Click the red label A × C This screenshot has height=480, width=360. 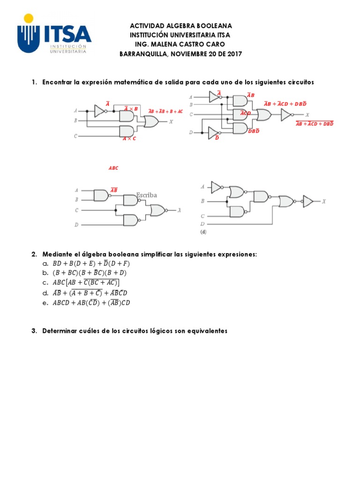pyautogui.click(x=129, y=139)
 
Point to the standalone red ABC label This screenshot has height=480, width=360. pyautogui.click(x=113, y=168)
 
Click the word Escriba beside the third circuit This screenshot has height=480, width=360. pyautogui.click(x=147, y=195)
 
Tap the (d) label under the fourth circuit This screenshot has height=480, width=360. pyautogui.click(x=203, y=232)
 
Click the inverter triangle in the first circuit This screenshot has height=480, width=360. pyautogui.click(x=99, y=111)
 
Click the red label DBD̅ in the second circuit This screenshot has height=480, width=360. pyautogui.click(x=254, y=131)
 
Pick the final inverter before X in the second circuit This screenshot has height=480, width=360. pyautogui.click(x=286, y=114)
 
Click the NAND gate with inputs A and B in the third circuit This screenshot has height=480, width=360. pyautogui.click(x=101, y=195)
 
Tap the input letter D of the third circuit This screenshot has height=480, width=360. pyautogui.click(x=76, y=225)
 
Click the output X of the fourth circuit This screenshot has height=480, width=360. pyautogui.click(x=323, y=201)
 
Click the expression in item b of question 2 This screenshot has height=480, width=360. pyautogui.click(x=90, y=272)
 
